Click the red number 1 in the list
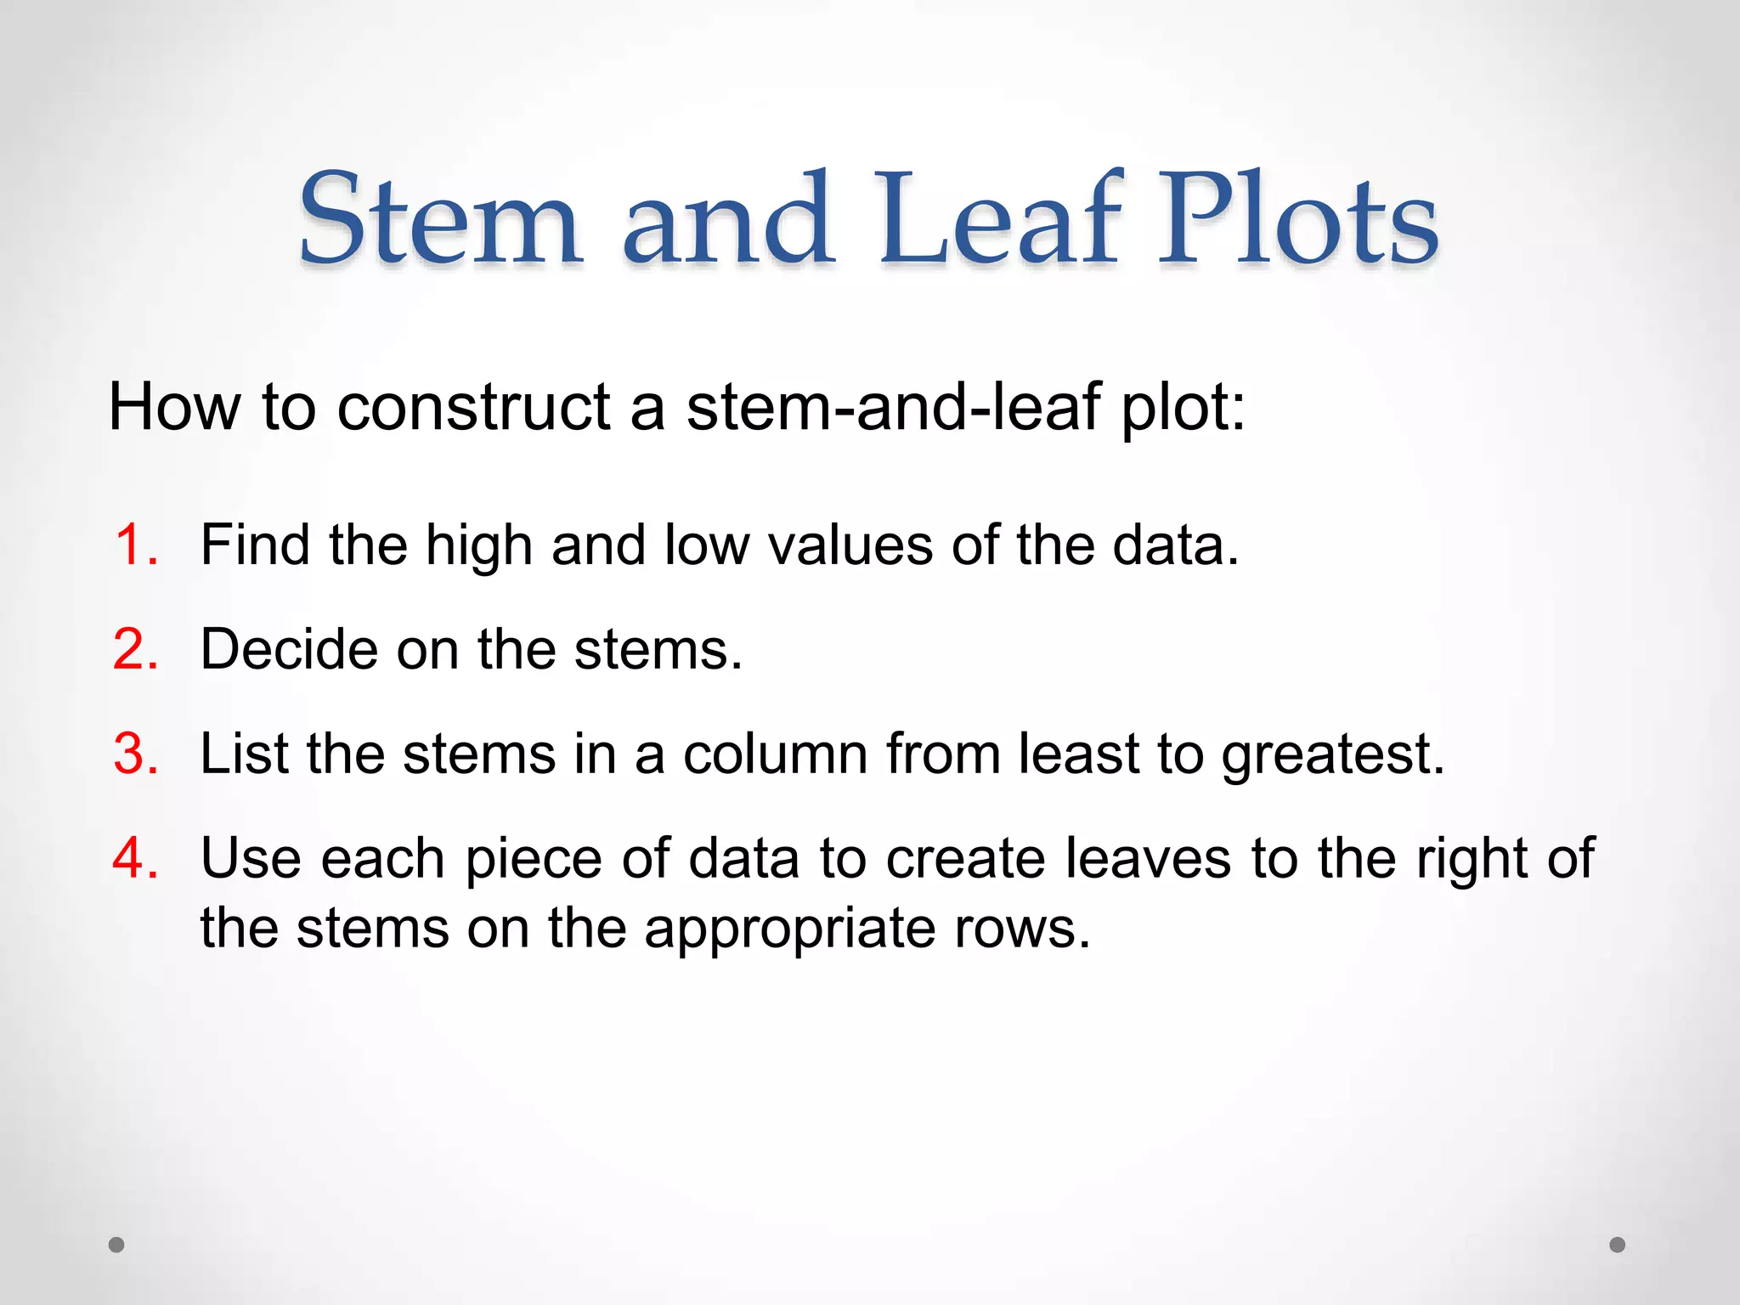[136, 545]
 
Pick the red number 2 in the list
[136, 650]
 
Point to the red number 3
[136, 754]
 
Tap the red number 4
[136, 858]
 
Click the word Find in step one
[255, 545]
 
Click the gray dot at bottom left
[117, 1245]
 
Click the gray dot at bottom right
[1618, 1245]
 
